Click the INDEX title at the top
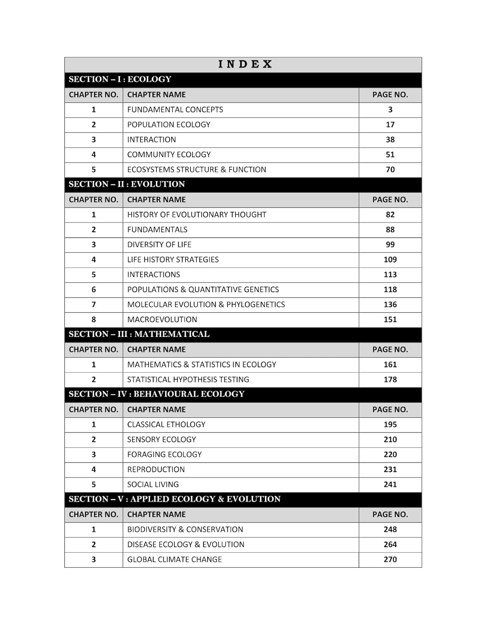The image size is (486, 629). [245, 64]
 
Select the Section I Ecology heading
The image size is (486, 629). [120, 79]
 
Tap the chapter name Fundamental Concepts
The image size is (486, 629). [175, 109]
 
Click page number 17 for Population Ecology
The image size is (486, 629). [390, 125]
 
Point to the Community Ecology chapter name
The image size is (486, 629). [169, 155]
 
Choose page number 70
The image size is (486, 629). [390, 169]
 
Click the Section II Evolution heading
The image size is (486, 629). [127, 184]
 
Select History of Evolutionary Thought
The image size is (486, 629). [197, 215]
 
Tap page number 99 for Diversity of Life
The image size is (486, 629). [390, 244]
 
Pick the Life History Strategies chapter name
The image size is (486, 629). [173, 260]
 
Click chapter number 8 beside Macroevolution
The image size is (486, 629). [94, 320]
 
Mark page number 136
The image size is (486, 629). [390, 304]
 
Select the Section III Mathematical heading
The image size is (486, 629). [139, 334]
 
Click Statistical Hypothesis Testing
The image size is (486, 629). [188, 379]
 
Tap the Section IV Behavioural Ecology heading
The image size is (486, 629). [156, 394]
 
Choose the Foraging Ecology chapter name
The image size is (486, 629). [164, 455]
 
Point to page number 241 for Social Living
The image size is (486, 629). [390, 484]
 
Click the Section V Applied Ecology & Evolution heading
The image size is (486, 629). [174, 499]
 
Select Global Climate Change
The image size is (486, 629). [174, 559]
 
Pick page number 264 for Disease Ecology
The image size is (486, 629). [390, 544]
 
